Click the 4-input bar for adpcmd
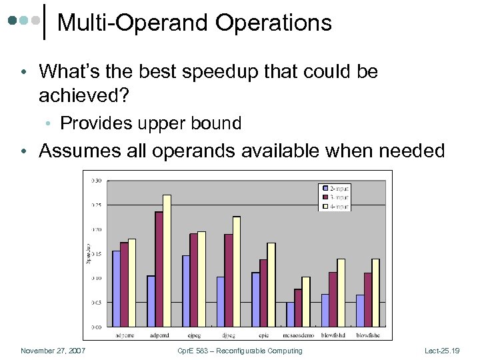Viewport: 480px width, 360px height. [x=167, y=261]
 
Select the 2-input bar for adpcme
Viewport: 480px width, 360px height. [x=116, y=289]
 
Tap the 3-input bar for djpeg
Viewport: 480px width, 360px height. [x=228, y=280]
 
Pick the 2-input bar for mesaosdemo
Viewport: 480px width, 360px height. [x=290, y=314]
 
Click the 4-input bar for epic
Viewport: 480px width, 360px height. [x=271, y=285]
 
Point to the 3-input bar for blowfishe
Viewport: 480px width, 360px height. [x=367, y=299]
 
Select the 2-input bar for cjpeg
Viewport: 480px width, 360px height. [x=186, y=291]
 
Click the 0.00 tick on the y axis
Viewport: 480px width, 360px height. [x=97, y=327]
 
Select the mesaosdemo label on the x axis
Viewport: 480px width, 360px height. [x=299, y=335]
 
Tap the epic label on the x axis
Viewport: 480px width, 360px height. [x=263, y=335]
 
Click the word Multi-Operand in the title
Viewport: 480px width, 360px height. [x=133, y=23]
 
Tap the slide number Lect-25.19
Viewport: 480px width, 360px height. [x=442, y=351]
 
